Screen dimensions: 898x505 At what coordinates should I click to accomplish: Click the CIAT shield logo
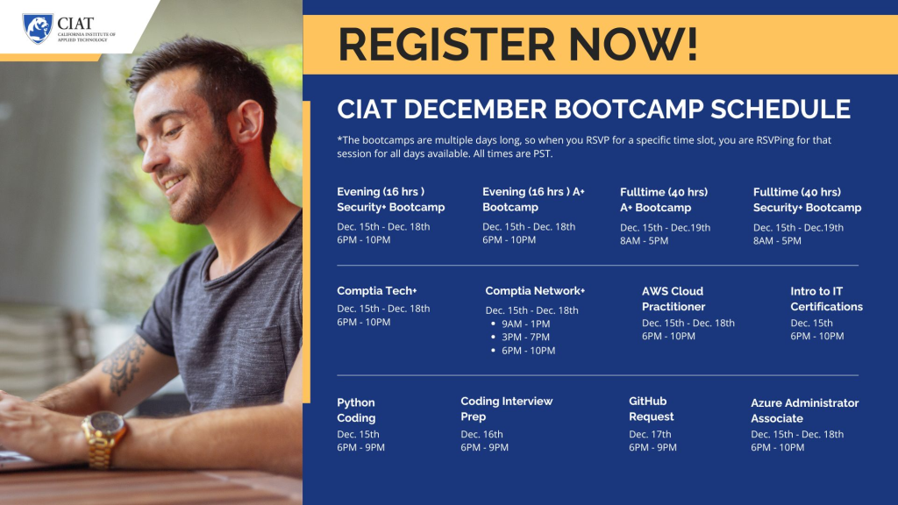(x=38, y=29)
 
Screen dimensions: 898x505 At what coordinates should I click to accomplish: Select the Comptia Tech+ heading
(x=377, y=290)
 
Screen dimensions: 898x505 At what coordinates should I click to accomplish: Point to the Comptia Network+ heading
(x=535, y=290)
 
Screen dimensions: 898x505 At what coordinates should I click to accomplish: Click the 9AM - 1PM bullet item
(x=525, y=324)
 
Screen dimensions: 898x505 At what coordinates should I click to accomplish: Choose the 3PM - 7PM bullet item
(x=525, y=337)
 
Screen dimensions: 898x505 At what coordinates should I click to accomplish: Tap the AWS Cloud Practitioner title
(x=673, y=299)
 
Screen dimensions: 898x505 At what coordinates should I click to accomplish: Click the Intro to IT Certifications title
(x=826, y=299)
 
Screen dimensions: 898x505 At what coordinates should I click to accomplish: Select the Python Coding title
(x=356, y=410)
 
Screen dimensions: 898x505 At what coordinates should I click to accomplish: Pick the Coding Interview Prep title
(x=506, y=409)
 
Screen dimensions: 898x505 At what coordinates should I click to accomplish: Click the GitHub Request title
(x=652, y=409)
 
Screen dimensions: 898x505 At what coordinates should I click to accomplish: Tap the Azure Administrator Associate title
(x=805, y=410)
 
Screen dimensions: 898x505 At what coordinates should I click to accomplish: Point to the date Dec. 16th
(x=481, y=434)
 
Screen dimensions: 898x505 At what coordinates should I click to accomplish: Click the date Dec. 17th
(x=650, y=434)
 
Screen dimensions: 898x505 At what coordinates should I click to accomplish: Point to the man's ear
(x=248, y=121)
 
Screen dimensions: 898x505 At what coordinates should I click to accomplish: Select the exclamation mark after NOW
(x=692, y=44)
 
